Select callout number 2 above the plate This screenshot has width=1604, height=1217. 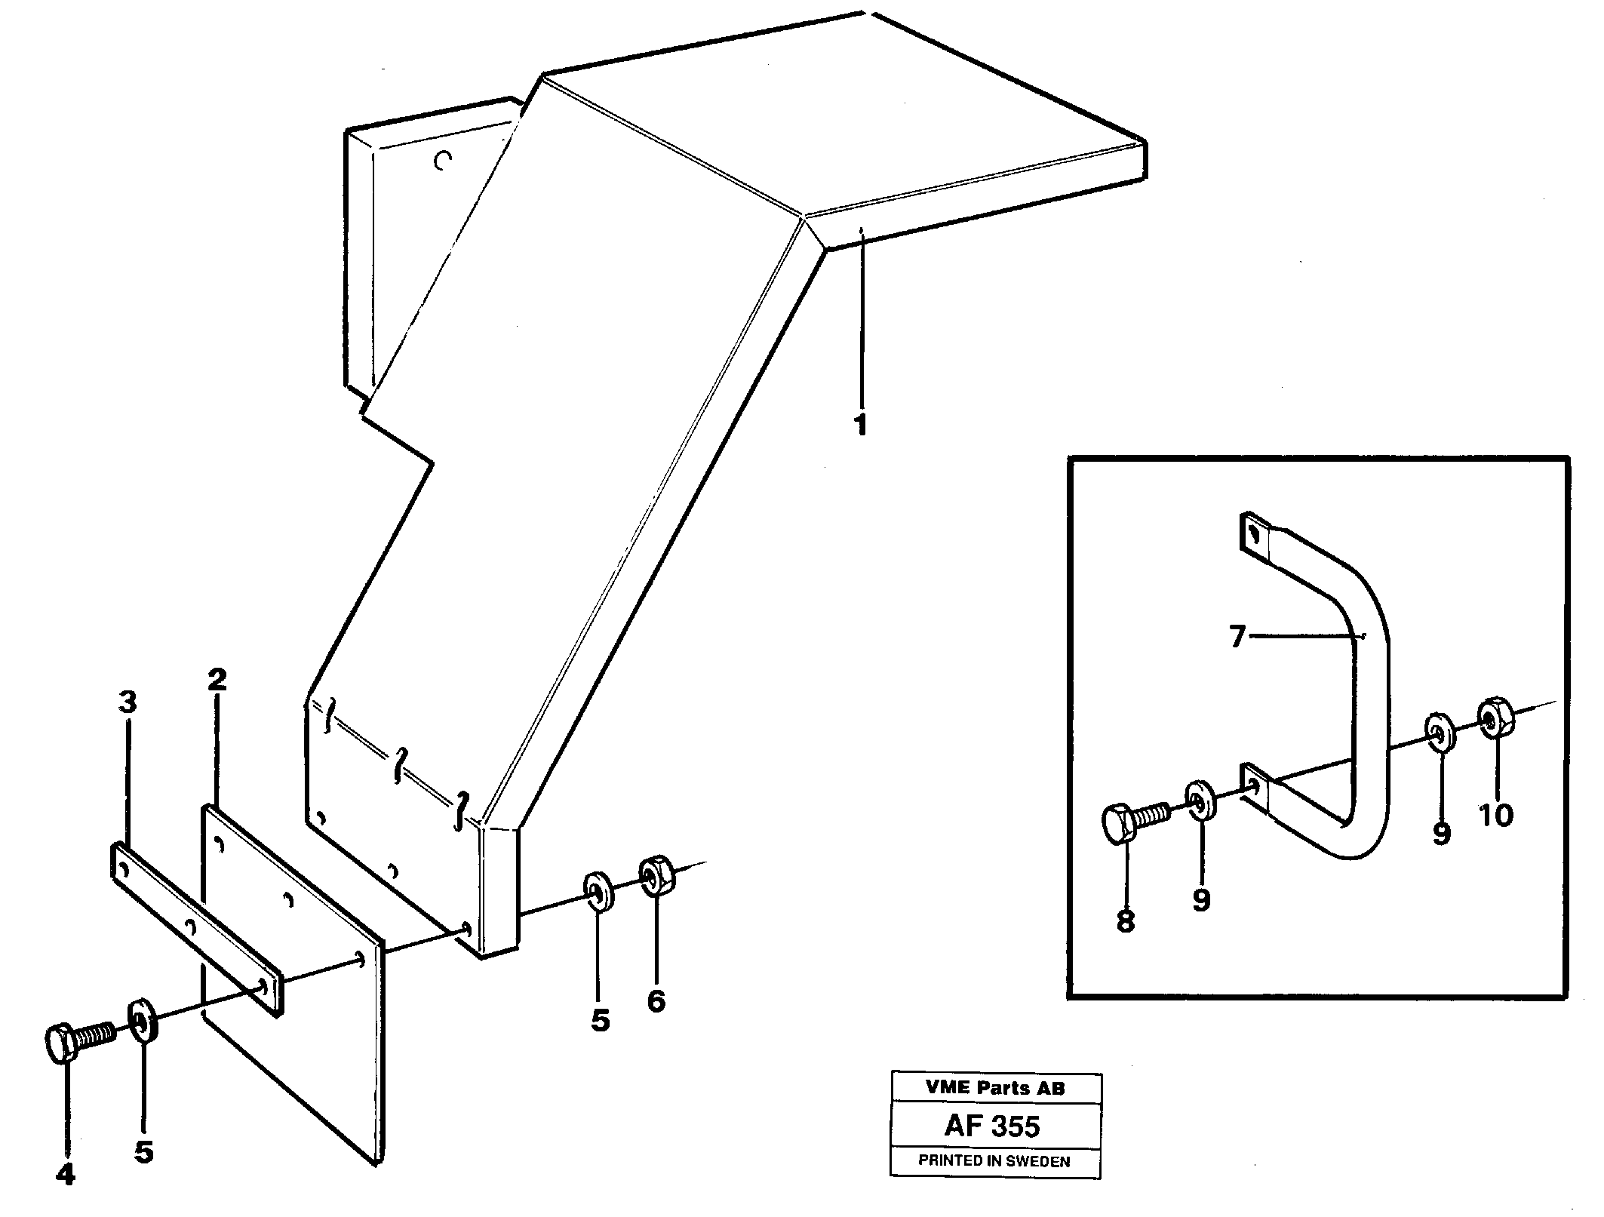[x=217, y=680]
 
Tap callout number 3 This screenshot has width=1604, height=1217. [x=128, y=702]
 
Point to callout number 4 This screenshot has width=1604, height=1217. [x=66, y=1174]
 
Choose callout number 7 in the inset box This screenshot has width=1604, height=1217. [x=1236, y=638]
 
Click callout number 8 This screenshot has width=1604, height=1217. [x=1125, y=920]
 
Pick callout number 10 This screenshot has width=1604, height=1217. [x=1495, y=815]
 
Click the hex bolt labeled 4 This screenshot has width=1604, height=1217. [x=75, y=1043]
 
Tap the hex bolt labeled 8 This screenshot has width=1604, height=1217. [x=1132, y=823]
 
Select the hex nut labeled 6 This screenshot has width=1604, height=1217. [x=655, y=875]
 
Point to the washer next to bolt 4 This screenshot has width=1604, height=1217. [x=142, y=1022]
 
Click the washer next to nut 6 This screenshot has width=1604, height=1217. [x=598, y=891]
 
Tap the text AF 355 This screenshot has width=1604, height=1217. [x=991, y=1126]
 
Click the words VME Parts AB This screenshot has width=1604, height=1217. [x=994, y=1087]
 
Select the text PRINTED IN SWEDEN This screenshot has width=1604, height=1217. [x=994, y=1161]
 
